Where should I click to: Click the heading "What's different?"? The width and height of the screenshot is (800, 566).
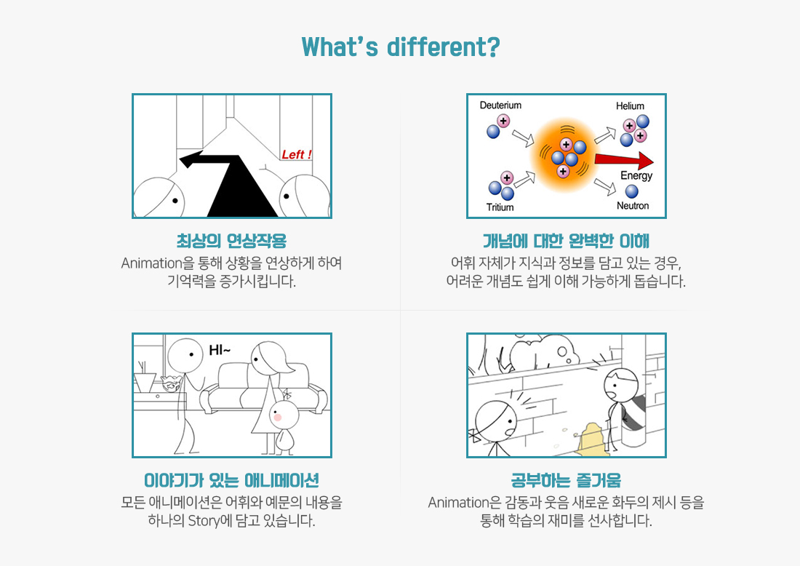[401, 47]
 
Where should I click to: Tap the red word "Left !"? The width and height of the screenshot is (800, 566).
[297, 154]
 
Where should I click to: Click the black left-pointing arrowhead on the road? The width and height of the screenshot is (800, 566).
[188, 160]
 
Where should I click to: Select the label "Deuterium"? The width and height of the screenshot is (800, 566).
[500, 105]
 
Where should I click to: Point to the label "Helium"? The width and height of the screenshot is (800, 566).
[630, 105]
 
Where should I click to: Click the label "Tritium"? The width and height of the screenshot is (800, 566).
[500, 207]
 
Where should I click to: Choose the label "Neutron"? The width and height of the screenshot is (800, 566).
[633, 206]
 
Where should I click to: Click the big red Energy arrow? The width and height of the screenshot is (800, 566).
[624, 161]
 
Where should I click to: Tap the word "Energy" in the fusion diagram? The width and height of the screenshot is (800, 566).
[636, 175]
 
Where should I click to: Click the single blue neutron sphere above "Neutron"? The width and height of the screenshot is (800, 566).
[631, 191]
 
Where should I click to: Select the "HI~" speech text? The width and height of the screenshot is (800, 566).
[220, 350]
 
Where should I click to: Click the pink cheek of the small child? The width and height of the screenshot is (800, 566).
[278, 418]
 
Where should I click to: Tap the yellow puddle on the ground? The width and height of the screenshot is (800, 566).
[592, 438]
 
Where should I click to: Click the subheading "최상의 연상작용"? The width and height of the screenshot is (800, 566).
[231, 241]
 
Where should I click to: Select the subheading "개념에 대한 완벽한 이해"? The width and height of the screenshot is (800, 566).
[567, 241]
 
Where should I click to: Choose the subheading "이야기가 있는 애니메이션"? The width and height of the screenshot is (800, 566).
[231, 480]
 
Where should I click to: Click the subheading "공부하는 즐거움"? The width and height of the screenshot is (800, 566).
[567, 480]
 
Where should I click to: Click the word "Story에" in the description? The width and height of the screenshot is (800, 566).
[210, 521]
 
